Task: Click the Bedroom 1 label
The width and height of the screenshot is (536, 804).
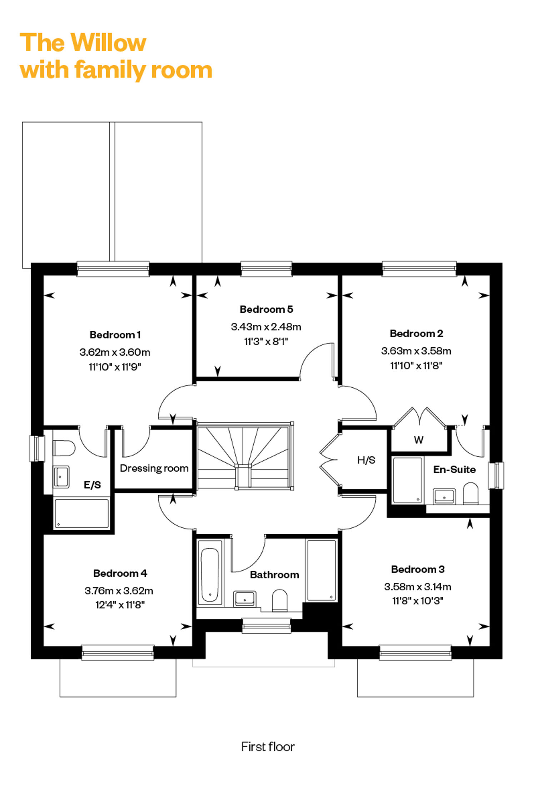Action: pyautogui.click(x=115, y=335)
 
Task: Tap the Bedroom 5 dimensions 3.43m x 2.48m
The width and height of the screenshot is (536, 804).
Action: pyautogui.click(x=266, y=327)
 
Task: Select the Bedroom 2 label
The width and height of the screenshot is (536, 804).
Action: pyautogui.click(x=416, y=333)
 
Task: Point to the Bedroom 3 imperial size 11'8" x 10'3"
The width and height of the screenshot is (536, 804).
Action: pyautogui.click(x=418, y=601)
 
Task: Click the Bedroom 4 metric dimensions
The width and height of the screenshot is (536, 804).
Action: pyautogui.click(x=119, y=591)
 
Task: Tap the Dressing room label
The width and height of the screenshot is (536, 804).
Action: pyautogui.click(x=154, y=468)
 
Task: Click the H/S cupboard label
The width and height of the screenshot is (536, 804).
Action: pyautogui.click(x=366, y=460)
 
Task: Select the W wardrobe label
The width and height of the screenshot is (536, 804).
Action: pyautogui.click(x=419, y=440)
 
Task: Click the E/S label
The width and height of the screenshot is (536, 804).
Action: pyautogui.click(x=92, y=485)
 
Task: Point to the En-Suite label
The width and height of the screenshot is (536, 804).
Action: pyautogui.click(x=455, y=469)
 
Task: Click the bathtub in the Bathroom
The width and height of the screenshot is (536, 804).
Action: pyautogui.click(x=210, y=572)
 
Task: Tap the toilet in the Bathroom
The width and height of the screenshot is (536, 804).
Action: pyautogui.click(x=280, y=600)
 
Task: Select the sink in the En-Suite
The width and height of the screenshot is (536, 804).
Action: pyautogui.click(x=444, y=496)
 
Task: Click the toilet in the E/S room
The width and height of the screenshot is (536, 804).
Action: pyautogui.click(x=64, y=448)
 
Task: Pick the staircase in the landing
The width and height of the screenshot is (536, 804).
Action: pyautogui.click(x=245, y=456)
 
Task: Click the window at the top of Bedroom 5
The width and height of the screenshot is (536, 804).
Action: pyautogui.click(x=266, y=269)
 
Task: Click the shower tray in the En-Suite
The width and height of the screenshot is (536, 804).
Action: pyautogui.click(x=408, y=480)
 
